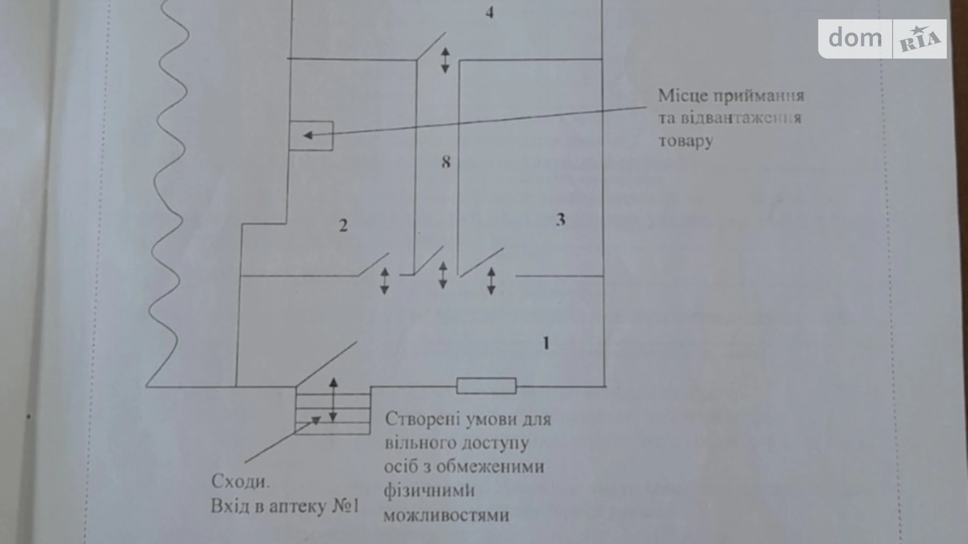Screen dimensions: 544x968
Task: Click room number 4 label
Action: tap(489, 12)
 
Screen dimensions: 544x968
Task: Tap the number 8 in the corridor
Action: tap(445, 162)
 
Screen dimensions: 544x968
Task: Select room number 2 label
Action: tap(343, 225)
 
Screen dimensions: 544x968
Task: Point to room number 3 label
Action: tap(560, 220)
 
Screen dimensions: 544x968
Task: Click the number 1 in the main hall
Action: tap(546, 343)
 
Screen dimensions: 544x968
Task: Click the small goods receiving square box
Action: tap(311, 136)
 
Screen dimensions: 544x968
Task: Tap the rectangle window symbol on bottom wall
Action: tap(486, 386)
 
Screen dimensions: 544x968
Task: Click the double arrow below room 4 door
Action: tap(445, 60)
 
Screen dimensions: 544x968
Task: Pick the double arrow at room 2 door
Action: tap(385, 281)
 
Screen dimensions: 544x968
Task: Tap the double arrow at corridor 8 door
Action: tap(443, 275)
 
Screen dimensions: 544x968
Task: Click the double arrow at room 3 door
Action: tap(491, 281)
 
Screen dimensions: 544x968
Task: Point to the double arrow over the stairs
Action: tap(333, 400)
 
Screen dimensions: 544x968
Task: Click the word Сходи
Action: tap(241, 481)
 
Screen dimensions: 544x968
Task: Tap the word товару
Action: tap(685, 141)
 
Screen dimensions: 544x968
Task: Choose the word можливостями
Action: tap(446, 515)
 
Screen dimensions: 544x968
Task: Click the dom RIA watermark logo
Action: tap(882, 39)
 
